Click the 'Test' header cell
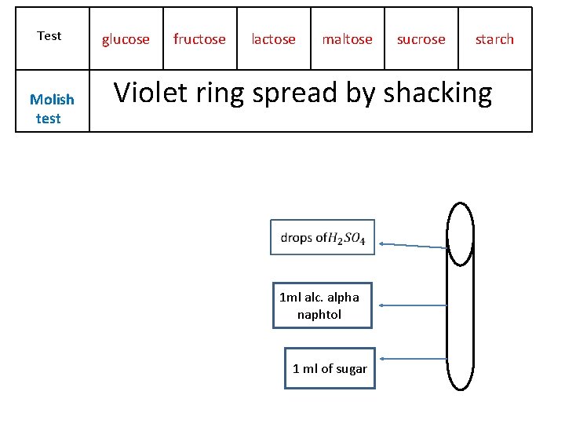[x=49, y=36]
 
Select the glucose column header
[x=126, y=39]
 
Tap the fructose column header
[x=199, y=39]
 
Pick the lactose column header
[x=273, y=39]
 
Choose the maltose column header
[x=347, y=39]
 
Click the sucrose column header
[x=421, y=39]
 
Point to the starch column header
[x=494, y=39]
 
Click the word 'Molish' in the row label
[x=52, y=100]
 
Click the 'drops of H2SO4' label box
[x=323, y=237]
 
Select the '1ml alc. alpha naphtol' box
[x=322, y=305]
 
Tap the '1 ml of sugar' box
[x=330, y=368]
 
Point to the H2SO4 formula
[x=346, y=238]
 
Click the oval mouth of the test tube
[x=460, y=234]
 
